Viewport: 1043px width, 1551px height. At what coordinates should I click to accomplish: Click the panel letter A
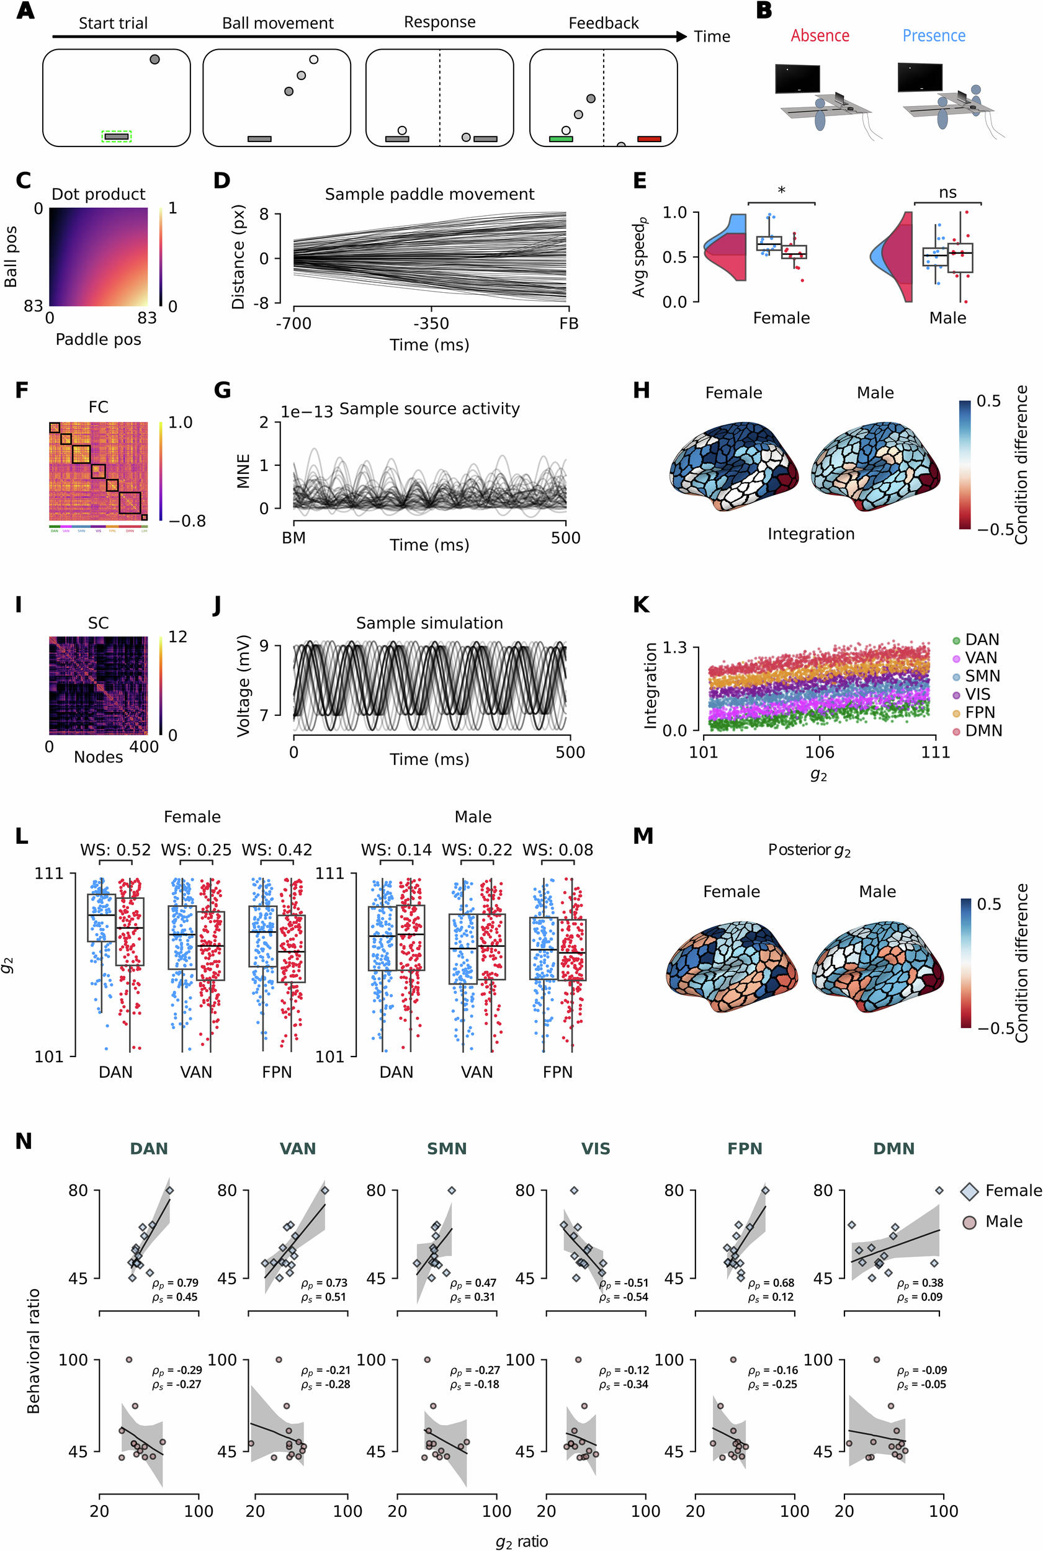click(25, 11)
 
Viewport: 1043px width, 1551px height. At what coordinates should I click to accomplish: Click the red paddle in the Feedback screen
click(648, 139)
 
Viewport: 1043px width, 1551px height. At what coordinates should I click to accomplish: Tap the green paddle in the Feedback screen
click(561, 139)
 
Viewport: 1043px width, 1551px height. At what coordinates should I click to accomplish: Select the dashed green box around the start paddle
click(117, 136)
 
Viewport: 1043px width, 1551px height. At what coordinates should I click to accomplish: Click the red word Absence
click(820, 36)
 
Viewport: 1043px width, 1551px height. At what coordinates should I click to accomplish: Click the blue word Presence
click(933, 36)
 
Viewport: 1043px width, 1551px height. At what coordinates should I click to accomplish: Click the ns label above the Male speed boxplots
click(947, 193)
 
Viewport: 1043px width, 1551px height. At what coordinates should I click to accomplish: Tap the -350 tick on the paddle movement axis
click(431, 324)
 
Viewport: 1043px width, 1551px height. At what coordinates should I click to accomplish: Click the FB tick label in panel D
click(569, 324)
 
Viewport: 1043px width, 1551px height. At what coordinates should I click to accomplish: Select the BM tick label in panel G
click(293, 538)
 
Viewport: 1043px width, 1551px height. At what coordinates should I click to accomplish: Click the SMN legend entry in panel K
click(982, 676)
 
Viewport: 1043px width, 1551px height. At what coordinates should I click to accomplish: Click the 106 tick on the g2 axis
click(819, 752)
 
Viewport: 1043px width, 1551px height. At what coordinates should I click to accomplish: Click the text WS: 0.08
click(557, 850)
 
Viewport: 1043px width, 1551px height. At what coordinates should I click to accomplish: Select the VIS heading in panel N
click(595, 1148)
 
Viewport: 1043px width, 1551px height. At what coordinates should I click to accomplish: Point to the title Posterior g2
click(809, 850)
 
